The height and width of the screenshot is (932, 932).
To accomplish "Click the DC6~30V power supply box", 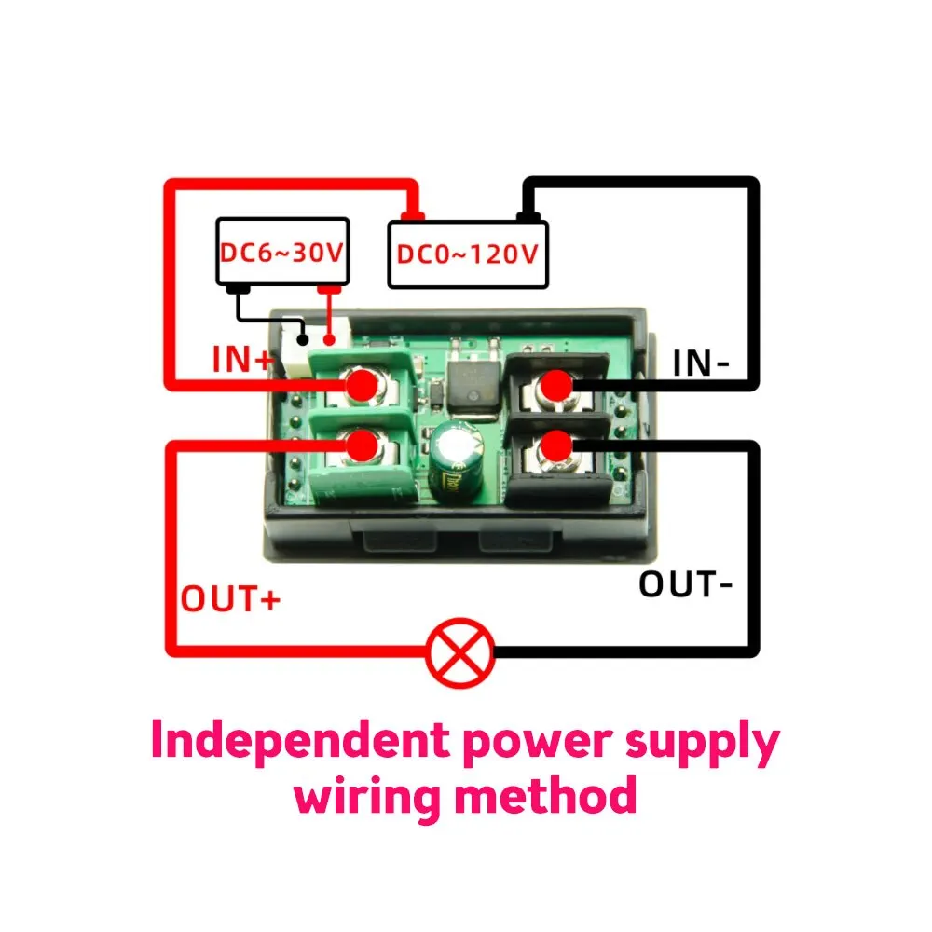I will click(282, 252).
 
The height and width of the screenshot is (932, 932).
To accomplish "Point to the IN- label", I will click(701, 363).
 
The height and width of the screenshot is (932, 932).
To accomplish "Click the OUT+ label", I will click(230, 598).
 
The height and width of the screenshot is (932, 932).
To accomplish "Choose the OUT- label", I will click(686, 584).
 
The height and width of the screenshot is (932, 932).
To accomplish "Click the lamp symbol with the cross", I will click(459, 651).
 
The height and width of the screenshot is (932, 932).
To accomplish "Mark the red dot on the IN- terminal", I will click(556, 384).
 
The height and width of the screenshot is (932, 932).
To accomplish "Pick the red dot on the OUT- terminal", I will click(556, 445).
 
